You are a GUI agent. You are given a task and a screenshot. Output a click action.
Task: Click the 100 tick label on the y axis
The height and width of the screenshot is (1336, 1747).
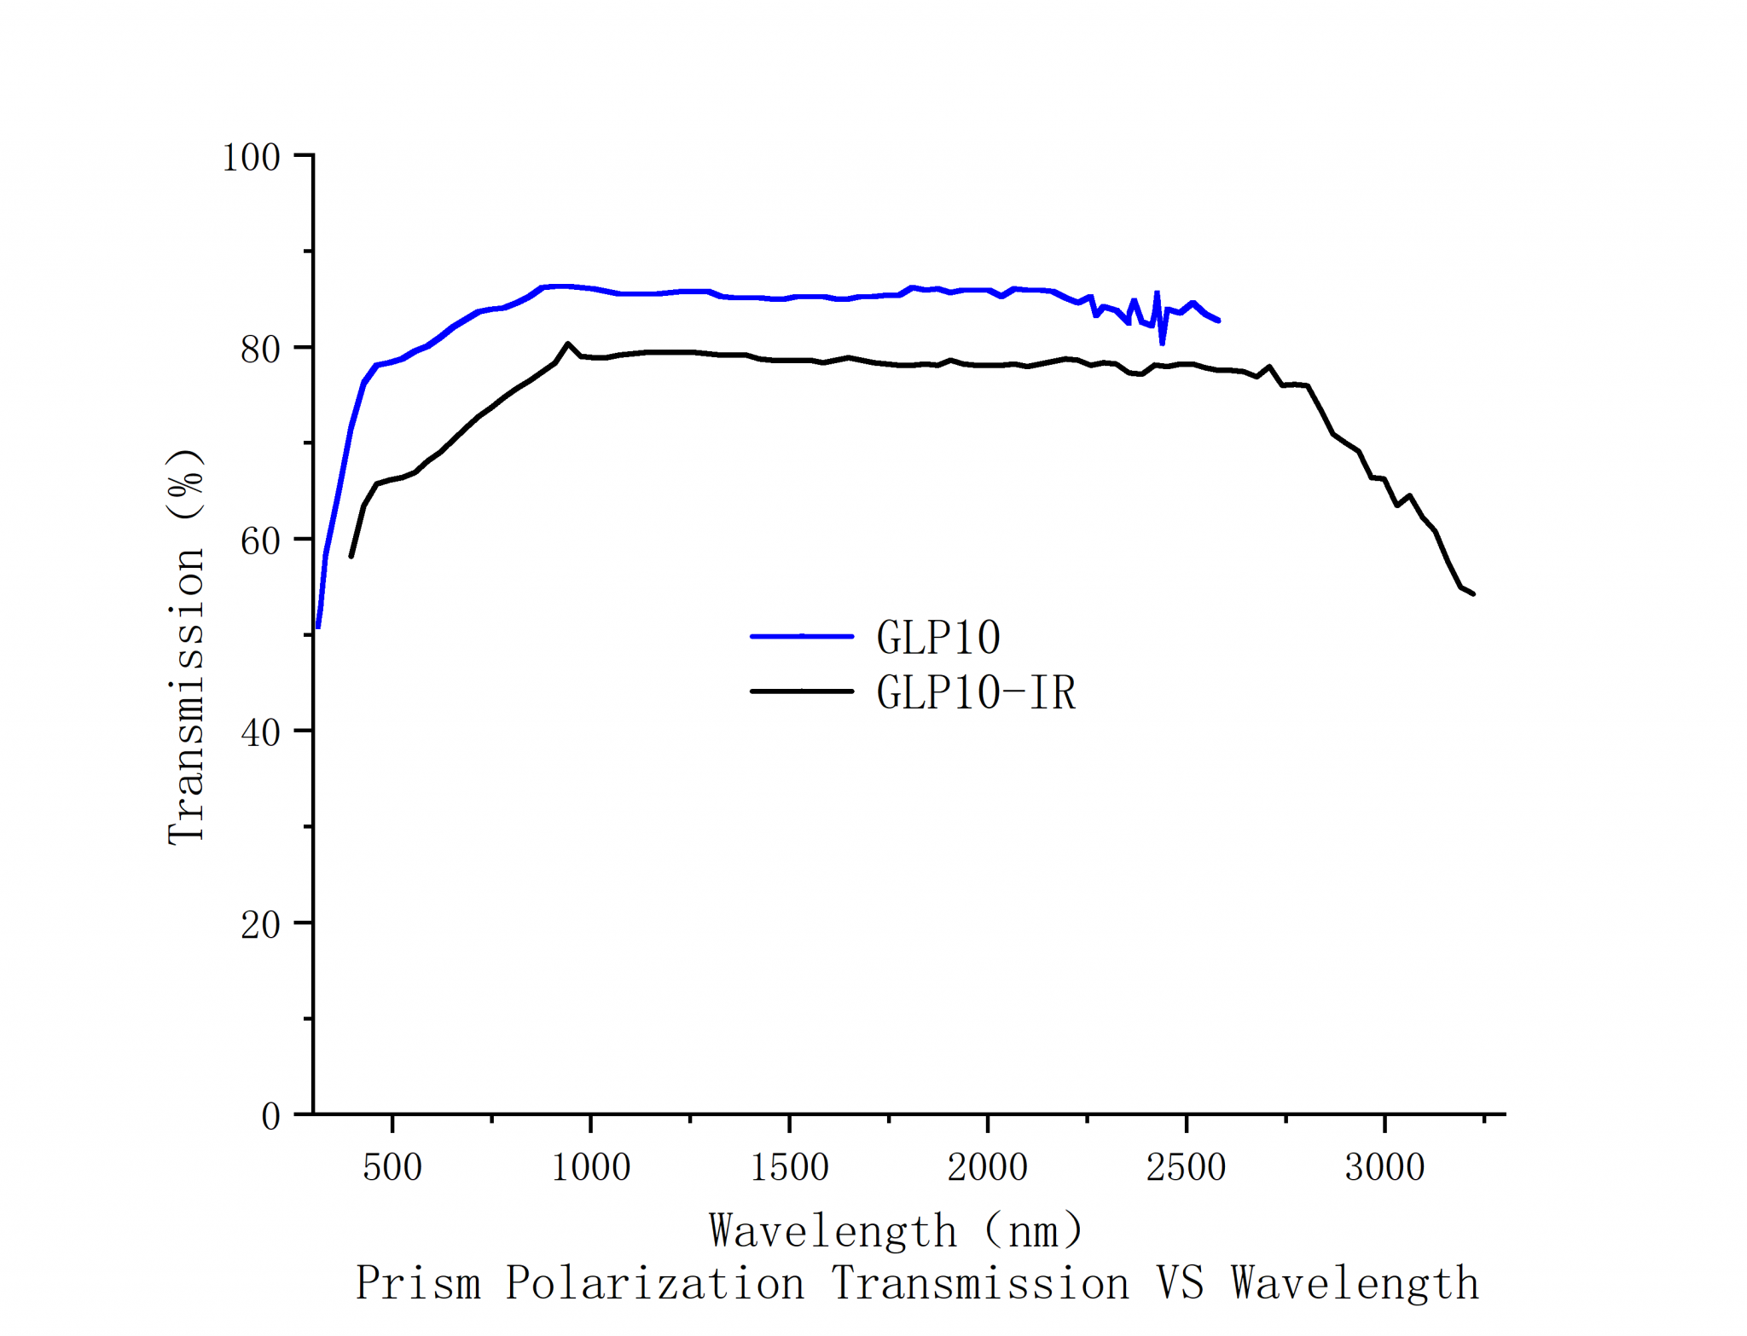[251, 158]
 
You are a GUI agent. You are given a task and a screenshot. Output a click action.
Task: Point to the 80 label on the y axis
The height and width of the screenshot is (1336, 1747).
[260, 350]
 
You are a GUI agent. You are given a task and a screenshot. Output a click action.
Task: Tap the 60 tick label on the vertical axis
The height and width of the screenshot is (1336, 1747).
[260, 541]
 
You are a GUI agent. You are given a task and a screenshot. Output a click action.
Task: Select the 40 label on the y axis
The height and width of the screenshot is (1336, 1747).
[260, 733]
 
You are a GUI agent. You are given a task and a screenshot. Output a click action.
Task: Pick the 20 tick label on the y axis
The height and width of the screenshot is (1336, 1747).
[260, 925]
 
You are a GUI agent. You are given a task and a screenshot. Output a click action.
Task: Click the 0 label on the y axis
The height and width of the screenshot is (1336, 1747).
[270, 1117]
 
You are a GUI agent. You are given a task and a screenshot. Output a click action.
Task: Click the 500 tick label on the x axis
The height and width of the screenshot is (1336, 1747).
[392, 1167]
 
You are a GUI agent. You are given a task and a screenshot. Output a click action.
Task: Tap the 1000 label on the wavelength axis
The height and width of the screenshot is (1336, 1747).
[590, 1167]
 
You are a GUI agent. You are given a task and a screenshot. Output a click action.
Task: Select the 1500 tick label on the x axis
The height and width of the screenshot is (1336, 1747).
[789, 1167]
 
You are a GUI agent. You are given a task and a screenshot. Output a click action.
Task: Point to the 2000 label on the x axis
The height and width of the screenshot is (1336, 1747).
[987, 1167]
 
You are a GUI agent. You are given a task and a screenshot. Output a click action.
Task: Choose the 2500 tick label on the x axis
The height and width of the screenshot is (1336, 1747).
[1186, 1167]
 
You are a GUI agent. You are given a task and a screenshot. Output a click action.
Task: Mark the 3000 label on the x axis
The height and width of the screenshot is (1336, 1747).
[1384, 1167]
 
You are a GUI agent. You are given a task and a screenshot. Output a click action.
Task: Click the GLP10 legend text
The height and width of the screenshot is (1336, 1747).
[938, 638]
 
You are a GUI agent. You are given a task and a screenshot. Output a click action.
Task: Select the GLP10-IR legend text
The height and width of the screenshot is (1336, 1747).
[976, 692]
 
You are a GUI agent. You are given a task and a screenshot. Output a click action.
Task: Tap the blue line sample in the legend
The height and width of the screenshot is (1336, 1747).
[801, 636]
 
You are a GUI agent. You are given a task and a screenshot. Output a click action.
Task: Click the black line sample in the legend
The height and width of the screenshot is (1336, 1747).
[801, 691]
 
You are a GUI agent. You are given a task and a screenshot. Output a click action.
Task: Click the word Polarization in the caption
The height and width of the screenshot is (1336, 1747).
[654, 1284]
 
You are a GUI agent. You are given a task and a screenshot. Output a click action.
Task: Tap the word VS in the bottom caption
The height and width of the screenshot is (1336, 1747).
[1180, 1284]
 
